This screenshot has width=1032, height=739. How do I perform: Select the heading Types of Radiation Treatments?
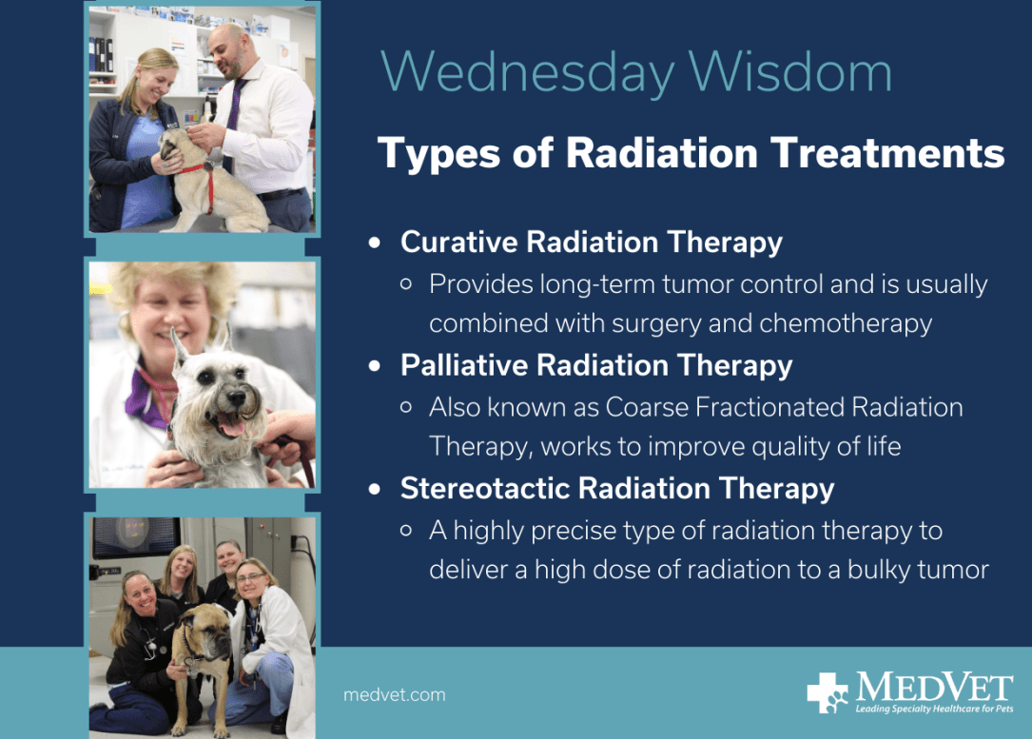pyautogui.click(x=691, y=153)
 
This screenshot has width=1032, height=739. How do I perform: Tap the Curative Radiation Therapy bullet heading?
pyautogui.click(x=591, y=243)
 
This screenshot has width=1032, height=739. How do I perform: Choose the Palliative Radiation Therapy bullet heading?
pyautogui.click(x=595, y=365)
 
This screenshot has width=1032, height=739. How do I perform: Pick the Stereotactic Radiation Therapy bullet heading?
pyautogui.click(x=616, y=489)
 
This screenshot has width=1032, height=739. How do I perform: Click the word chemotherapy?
pyautogui.click(x=846, y=323)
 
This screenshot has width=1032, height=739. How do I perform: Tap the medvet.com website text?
pyautogui.click(x=394, y=695)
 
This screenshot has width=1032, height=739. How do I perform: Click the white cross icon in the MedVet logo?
pyautogui.click(x=827, y=692)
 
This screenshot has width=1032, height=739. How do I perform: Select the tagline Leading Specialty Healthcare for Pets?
pyautogui.click(x=934, y=710)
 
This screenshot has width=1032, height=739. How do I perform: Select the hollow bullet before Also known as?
pyautogui.click(x=406, y=407)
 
